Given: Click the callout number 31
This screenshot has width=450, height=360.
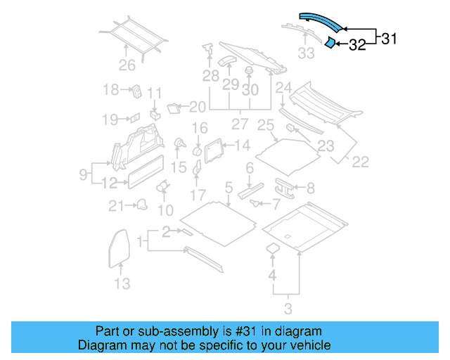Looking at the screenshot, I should point(389,39).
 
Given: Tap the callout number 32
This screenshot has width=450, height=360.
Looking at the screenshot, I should point(357,46).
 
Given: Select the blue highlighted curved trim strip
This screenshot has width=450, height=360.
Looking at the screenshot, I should point(322,21).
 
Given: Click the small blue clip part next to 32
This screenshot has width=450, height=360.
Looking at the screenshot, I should point(328,43).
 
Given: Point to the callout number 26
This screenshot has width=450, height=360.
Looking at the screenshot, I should point(127,67).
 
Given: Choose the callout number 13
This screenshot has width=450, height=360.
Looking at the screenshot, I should point(122,284).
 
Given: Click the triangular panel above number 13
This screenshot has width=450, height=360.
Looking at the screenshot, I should point(120,246).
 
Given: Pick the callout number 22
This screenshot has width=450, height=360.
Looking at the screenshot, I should point(360,162).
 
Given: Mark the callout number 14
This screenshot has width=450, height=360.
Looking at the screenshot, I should point(242,146).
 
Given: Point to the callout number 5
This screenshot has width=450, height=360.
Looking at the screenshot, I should point(229,188).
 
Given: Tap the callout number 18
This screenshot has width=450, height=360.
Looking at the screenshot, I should point(111,90).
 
